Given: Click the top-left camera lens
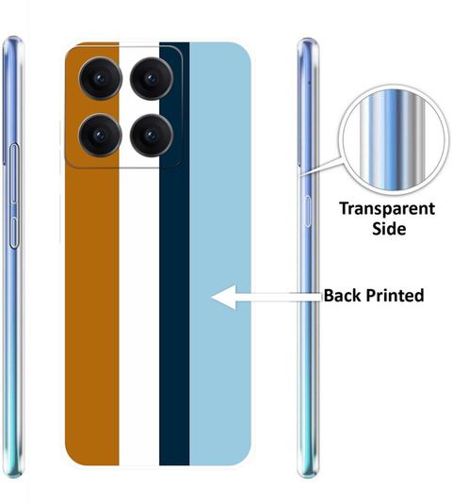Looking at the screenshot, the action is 101,78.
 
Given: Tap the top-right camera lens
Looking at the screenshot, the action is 152,78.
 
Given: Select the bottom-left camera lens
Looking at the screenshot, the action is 101,135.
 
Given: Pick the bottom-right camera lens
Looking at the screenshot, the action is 152,135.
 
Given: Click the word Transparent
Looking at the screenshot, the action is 387,209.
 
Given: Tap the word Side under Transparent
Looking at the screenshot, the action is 389,228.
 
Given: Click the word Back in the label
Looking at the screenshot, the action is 342,295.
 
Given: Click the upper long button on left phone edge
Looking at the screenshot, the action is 14,173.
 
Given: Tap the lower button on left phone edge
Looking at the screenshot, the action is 14,233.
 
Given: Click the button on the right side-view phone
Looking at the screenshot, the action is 308,211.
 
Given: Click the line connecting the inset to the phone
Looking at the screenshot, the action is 320,166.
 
